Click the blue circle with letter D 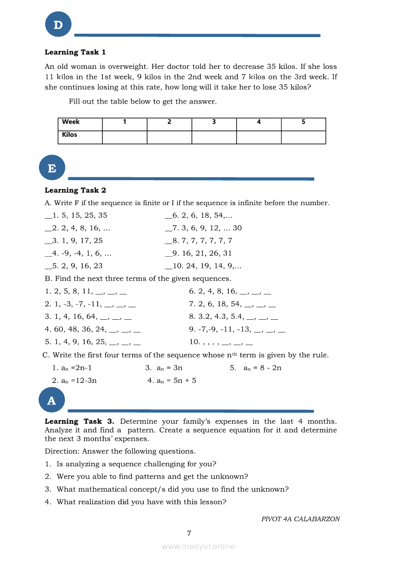click(x=58, y=25)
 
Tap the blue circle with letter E click(x=52, y=168)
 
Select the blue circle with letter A click(x=51, y=400)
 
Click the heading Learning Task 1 click(x=75, y=52)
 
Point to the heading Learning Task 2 click(x=75, y=190)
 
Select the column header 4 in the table click(x=259, y=122)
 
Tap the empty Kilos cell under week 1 click(x=124, y=137)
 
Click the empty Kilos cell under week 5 click(x=303, y=137)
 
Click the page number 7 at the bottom click(x=189, y=533)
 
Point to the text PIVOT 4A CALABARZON click(x=300, y=519)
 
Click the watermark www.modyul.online click(x=198, y=546)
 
